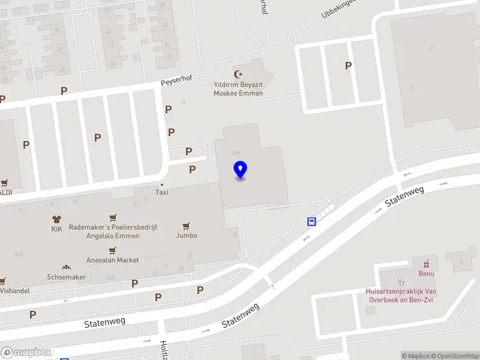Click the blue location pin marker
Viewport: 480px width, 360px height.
click(240, 170)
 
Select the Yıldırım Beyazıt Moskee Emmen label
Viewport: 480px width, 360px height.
click(239, 89)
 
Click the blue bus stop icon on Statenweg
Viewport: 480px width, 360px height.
click(312, 221)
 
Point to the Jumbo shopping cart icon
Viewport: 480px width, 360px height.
click(187, 226)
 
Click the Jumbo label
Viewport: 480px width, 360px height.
click(187, 236)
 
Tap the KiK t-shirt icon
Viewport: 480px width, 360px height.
click(57, 219)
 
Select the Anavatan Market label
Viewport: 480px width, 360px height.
click(112, 260)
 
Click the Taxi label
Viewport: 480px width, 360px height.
click(162, 193)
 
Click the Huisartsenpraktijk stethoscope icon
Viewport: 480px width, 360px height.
click(401, 280)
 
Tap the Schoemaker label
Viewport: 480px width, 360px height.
click(67, 277)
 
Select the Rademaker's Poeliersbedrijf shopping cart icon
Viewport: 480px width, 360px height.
click(112, 218)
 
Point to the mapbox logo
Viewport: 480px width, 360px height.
click(26, 353)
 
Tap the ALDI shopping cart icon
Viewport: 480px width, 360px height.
click(5, 183)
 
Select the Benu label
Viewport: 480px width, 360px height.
click(427, 274)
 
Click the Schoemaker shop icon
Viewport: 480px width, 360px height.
click(66, 268)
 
